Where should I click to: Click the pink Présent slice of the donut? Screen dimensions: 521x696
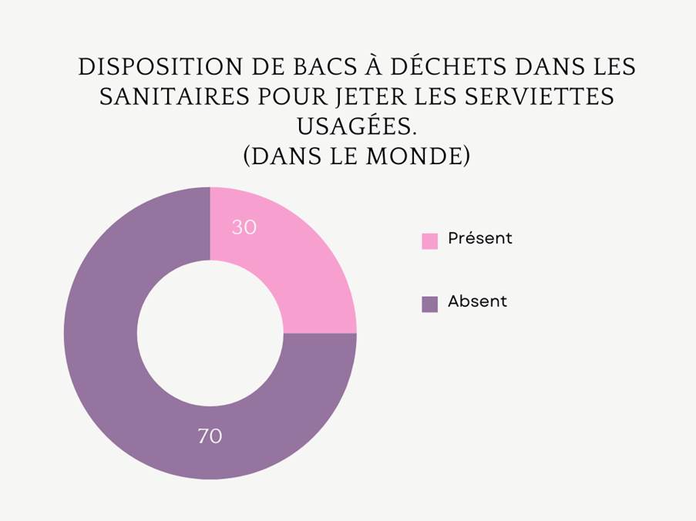click(x=301, y=262)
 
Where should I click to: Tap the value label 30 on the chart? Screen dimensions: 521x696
click(x=244, y=228)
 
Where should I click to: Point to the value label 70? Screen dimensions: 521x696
click(x=210, y=436)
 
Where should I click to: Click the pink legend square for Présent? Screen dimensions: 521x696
click(x=429, y=240)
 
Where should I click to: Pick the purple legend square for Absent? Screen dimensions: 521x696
click(x=429, y=304)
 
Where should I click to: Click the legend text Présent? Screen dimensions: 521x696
click(x=479, y=239)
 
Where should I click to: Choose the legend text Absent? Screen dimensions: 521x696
click(x=477, y=302)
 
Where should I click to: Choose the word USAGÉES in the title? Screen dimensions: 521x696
click(x=356, y=126)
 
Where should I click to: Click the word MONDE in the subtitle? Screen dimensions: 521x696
click(x=416, y=156)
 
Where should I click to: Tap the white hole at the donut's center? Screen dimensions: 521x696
click(x=210, y=333)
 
